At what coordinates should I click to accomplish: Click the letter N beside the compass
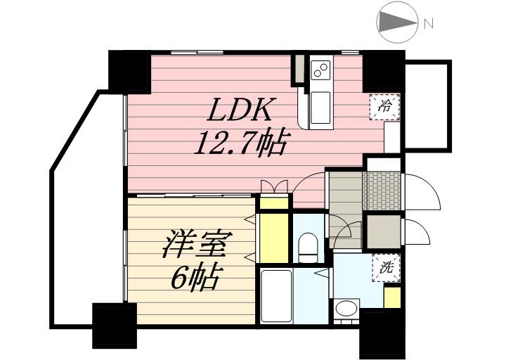coord(429,24)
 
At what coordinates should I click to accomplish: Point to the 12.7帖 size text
coord(240,143)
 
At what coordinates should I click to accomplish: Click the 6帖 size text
coord(195,277)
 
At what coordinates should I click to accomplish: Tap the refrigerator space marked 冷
coord(384,107)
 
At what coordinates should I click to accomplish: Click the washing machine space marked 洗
coord(387,268)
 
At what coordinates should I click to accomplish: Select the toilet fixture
coord(309,247)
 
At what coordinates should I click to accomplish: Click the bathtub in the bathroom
coord(277,296)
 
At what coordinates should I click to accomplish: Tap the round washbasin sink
coord(346,308)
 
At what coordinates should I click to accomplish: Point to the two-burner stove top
coord(320,70)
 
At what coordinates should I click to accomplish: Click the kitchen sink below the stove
coord(320,107)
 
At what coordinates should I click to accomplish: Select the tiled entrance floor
coord(382,191)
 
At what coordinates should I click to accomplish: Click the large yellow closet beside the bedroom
coord(274,238)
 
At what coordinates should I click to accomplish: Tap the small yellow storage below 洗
coord(392,297)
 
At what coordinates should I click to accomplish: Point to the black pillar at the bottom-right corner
coord(382,333)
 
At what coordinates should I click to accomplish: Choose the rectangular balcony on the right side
coord(427,105)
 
